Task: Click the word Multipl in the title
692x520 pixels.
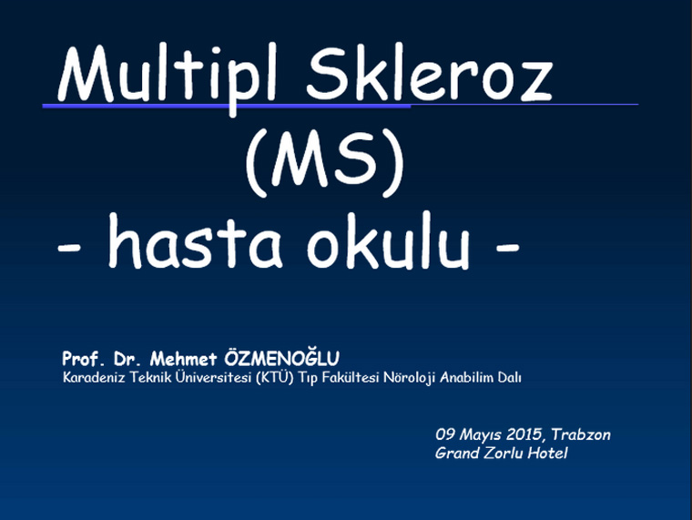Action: (168, 75)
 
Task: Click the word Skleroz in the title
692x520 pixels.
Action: (430, 72)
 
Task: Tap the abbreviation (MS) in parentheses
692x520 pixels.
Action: (325, 163)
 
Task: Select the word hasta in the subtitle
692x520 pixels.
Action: (194, 242)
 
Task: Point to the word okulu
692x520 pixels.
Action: (388, 242)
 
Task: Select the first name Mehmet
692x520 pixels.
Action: (183, 359)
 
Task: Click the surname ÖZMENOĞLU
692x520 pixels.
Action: (281, 358)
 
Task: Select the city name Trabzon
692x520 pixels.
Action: (581, 434)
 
